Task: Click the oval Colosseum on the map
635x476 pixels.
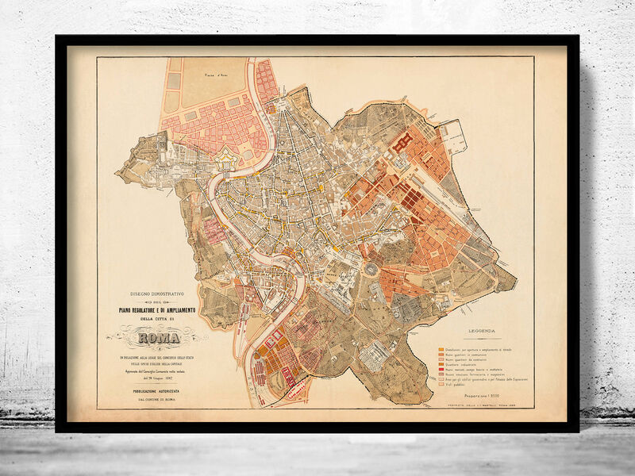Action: tap(371, 270)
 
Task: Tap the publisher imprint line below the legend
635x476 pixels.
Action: tap(486, 405)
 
